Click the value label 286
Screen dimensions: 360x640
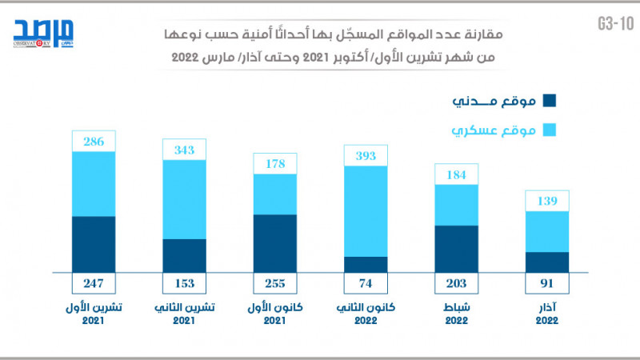pyautogui.click(x=94, y=141)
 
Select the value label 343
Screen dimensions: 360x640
pyautogui.click(x=185, y=150)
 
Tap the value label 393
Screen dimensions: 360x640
pyautogui.click(x=366, y=155)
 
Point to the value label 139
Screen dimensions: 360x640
pyautogui.click(x=546, y=201)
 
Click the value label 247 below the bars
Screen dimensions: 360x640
pyautogui.click(x=94, y=283)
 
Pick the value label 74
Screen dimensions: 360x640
pyautogui.click(x=366, y=283)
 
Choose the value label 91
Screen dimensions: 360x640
pyautogui.click(x=546, y=283)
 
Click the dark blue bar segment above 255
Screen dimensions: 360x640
pyautogui.click(x=275, y=243)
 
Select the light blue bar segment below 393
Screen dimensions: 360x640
pyautogui.click(x=366, y=211)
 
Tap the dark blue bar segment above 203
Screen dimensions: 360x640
pyautogui.click(x=456, y=249)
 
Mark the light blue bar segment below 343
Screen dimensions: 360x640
pyautogui.click(x=185, y=199)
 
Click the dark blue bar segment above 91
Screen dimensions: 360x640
pyautogui.click(x=546, y=262)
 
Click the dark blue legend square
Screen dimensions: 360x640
pyautogui.click(x=550, y=101)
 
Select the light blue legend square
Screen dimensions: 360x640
pyautogui.click(x=550, y=129)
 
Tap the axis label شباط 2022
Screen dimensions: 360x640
pyautogui.click(x=456, y=314)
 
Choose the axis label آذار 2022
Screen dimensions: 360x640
pyautogui.click(x=546, y=314)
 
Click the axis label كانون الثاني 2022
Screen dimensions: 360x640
pyautogui.click(x=366, y=314)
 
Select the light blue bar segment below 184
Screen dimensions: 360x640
pyautogui.click(x=456, y=205)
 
